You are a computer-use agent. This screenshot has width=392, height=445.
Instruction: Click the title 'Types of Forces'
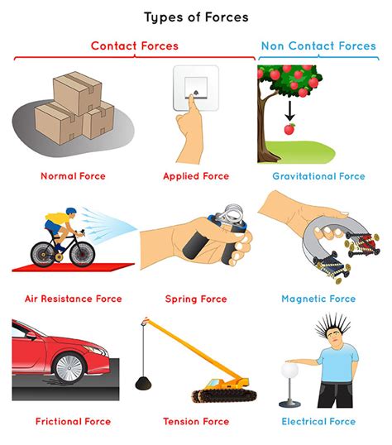pos(196,17)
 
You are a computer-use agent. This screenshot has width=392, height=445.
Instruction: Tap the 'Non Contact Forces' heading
pos(318,46)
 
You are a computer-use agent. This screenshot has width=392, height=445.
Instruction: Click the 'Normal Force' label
pos(74,176)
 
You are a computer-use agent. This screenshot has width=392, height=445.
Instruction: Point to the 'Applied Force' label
pos(195,176)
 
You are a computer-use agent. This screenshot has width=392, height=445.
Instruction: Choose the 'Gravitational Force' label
pos(318,176)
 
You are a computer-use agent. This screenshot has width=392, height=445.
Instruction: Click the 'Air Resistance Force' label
pos(74,299)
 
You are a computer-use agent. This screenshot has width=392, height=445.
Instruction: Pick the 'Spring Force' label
pos(197,299)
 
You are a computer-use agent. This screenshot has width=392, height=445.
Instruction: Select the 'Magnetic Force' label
pos(318,299)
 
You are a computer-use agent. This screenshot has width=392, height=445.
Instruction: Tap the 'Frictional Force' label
pos(74,422)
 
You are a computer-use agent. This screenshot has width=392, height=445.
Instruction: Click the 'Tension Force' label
pos(196,422)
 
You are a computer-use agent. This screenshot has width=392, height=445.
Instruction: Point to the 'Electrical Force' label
pos(318,422)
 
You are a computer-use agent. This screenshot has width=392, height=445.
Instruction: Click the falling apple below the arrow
pos(289,130)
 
